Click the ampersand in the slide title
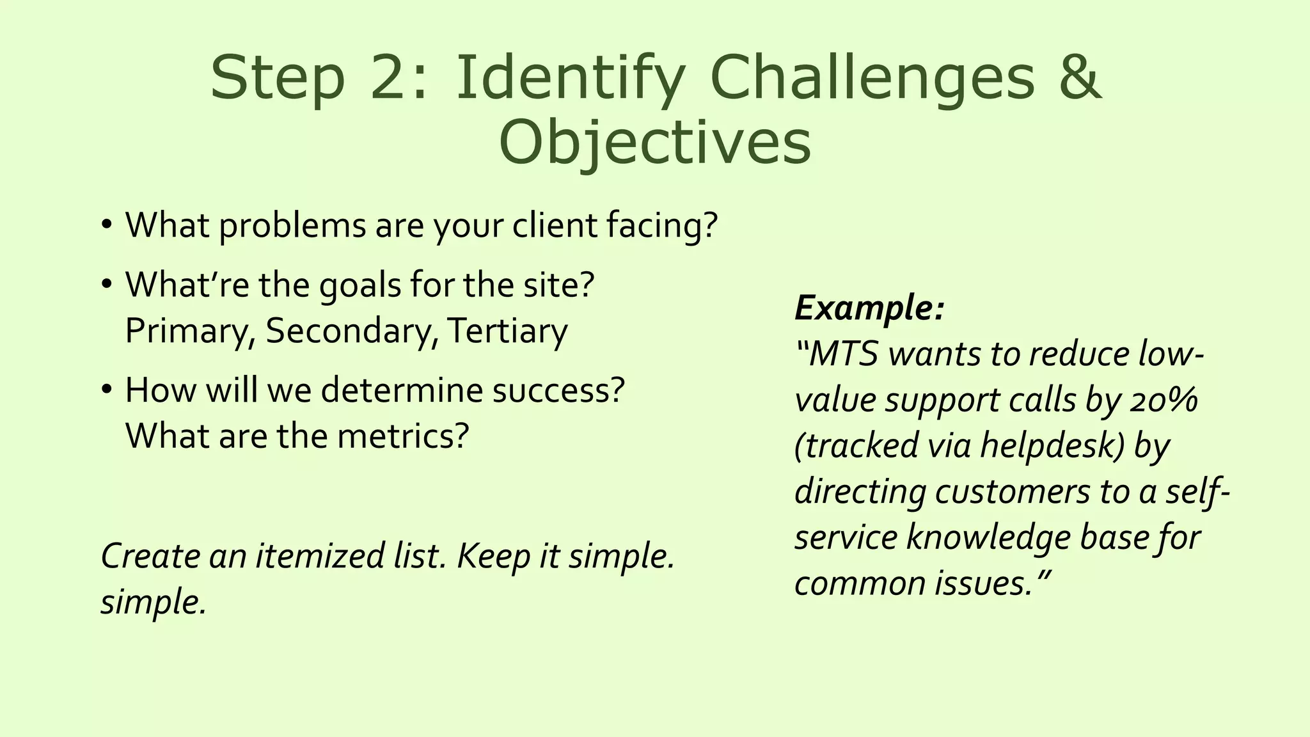(1080, 77)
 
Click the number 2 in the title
(391, 77)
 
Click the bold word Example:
(869, 308)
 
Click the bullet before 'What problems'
(107, 225)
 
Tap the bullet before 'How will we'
(107, 390)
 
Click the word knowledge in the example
(988, 537)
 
